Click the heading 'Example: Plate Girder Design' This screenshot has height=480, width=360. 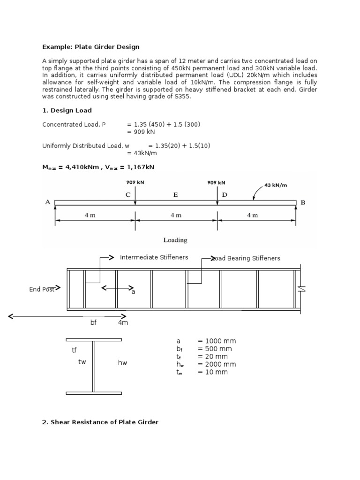[x=90, y=47]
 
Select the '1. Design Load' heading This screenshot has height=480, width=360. [x=67, y=110]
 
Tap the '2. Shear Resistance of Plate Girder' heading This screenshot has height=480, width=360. [x=100, y=422]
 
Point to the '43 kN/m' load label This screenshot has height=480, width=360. [x=276, y=185]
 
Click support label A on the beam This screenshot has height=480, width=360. [x=48, y=202]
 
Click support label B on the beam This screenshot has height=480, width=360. [x=302, y=202]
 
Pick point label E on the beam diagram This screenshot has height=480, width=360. [x=175, y=195]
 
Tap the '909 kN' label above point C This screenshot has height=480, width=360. [x=135, y=182]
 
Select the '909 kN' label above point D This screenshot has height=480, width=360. [x=216, y=182]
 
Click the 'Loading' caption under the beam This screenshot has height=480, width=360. [x=175, y=240]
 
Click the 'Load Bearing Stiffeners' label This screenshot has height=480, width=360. [x=246, y=258]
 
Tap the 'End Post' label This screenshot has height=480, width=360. [x=42, y=289]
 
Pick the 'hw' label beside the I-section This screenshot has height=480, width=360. [x=122, y=363]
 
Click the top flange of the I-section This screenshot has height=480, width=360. [x=94, y=339]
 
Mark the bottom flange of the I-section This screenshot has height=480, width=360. [x=94, y=393]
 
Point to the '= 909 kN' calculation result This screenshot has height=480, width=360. [x=142, y=132]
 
